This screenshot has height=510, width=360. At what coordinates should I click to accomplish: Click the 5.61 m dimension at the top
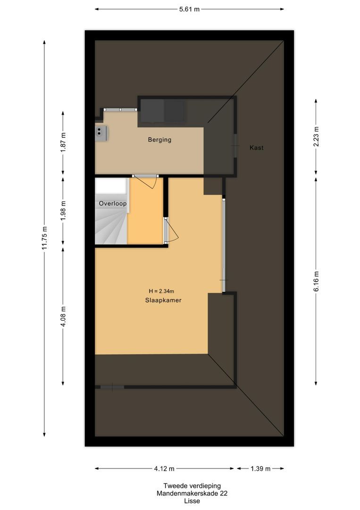(x=189, y=9)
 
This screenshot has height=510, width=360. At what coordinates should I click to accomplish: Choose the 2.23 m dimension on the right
(x=316, y=136)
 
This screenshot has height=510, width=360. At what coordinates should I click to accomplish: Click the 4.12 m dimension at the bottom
(x=164, y=468)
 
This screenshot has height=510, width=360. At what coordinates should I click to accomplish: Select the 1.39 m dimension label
(x=260, y=468)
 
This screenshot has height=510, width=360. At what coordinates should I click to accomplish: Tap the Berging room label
(x=159, y=140)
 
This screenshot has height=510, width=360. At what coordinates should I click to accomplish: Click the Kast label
(x=256, y=148)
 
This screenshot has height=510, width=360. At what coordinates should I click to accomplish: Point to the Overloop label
(x=113, y=204)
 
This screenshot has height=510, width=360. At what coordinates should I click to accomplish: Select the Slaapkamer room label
(x=163, y=300)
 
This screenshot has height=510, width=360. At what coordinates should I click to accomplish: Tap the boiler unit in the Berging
(x=101, y=133)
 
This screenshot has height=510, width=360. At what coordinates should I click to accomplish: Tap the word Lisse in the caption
(x=192, y=501)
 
